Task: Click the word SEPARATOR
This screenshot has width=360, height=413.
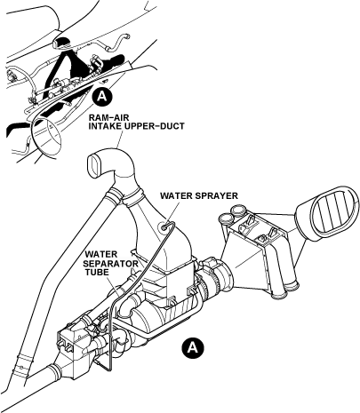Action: point(111,263)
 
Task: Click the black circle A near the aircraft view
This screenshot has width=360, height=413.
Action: point(102,97)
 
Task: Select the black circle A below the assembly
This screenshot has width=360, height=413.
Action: point(193,346)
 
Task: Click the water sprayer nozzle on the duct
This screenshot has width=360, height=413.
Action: point(164,226)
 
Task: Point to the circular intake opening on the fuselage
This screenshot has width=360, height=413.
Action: point(47,135)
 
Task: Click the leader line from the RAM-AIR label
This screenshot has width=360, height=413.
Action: point(120,139)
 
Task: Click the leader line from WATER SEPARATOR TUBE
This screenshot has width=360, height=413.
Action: point(114,286)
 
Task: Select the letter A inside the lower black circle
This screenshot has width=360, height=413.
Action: point(193,346)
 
